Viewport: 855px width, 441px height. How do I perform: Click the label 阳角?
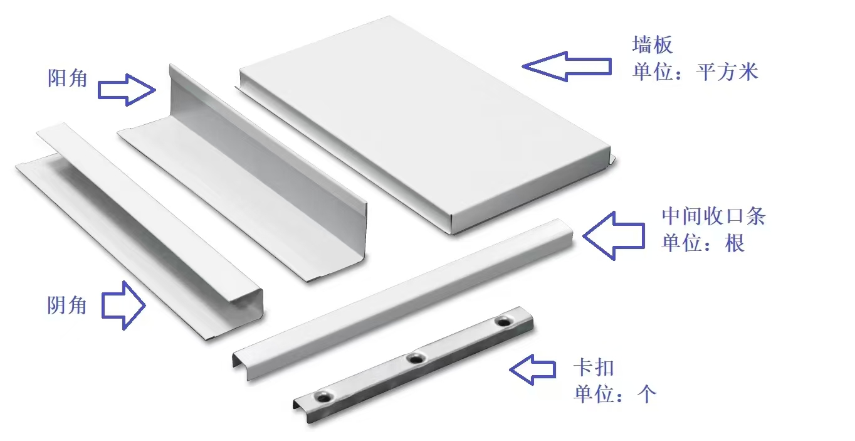pyautogui.click(x=67, y=78)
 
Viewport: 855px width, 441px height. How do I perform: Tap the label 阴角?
pyautogui.click(x=67, y=306)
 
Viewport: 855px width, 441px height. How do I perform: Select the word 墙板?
pyautogui.click(x=653, y=45)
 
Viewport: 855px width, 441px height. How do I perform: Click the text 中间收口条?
pyautogui.click(x=713, y=216)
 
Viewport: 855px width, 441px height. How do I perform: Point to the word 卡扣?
pyautogui.click(x=594, y=367)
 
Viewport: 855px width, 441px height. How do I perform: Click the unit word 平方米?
pyautogui.click(x=726, y=72)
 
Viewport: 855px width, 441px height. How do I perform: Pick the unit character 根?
pyautogui.click(x=735, y=243)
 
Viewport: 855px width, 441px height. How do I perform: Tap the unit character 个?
pyautogui.click(x=647, y=394)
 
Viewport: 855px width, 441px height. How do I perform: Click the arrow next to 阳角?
pyautogui.click(x=127, y=90)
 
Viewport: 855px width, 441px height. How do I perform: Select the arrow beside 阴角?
pyautogui.click(x=123, y=306)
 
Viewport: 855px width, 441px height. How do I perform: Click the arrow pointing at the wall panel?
pyautogui.click(x=567, y=66)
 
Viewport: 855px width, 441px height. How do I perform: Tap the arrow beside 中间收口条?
pyautogui.click(x=614, y=236)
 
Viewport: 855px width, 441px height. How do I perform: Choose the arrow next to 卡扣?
pyautogui.click(x=532, y=369)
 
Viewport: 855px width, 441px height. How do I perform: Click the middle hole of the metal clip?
pyautogui.click(x=416, y=359)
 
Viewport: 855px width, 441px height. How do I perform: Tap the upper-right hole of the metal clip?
pyautogui.click(x=504, y=322)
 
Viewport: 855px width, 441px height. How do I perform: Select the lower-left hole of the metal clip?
pyautogui.click(x=324, y=398)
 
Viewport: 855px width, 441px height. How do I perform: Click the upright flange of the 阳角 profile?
pyautogui.click(x=267, y=153)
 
